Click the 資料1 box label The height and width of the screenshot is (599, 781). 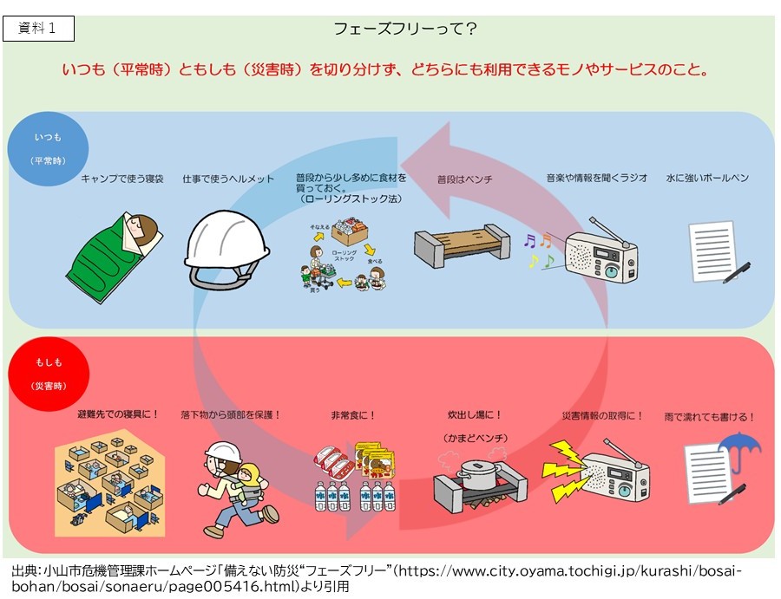(39, 29)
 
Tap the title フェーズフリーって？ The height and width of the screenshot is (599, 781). (405, 29)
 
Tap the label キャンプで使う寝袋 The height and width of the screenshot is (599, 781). (121, 179)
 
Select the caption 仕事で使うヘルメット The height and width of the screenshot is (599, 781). (228, 179)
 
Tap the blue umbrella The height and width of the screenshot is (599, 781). (738, 452)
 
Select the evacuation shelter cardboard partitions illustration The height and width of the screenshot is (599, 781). (108, 485)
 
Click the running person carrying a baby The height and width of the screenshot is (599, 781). (229, 489)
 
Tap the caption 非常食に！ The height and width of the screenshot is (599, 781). (353, 415)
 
